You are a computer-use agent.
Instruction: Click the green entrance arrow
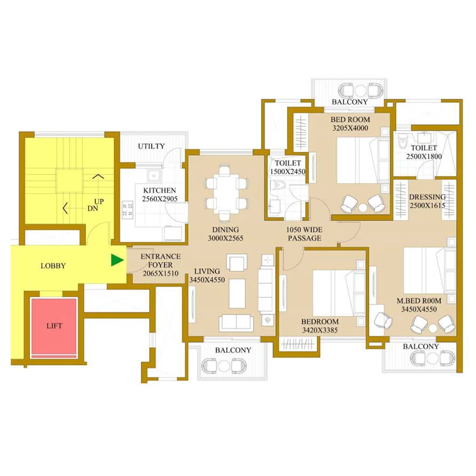point(117,260)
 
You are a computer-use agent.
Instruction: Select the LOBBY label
point(53,266)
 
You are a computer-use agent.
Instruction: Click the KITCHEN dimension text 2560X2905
point(160,199)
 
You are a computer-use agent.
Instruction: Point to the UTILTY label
point(151,146)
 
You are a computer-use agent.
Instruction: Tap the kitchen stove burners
point(128,209)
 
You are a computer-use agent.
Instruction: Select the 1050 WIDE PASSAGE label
point(305,234)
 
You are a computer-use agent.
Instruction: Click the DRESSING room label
point(427,197)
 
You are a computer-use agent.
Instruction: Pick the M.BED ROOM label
point(419,301)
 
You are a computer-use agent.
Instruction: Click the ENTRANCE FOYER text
point(160,260)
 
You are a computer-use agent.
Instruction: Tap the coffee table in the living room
point(237,294)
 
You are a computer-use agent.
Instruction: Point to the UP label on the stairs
point(99,201)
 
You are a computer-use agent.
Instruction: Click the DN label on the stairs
point(93,208)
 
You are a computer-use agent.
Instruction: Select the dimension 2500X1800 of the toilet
point(424,157)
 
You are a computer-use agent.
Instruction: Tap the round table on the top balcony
point(360,90)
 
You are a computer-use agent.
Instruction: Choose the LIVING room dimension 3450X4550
point(207,280)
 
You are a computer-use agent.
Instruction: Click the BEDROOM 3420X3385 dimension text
point(320,330)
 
